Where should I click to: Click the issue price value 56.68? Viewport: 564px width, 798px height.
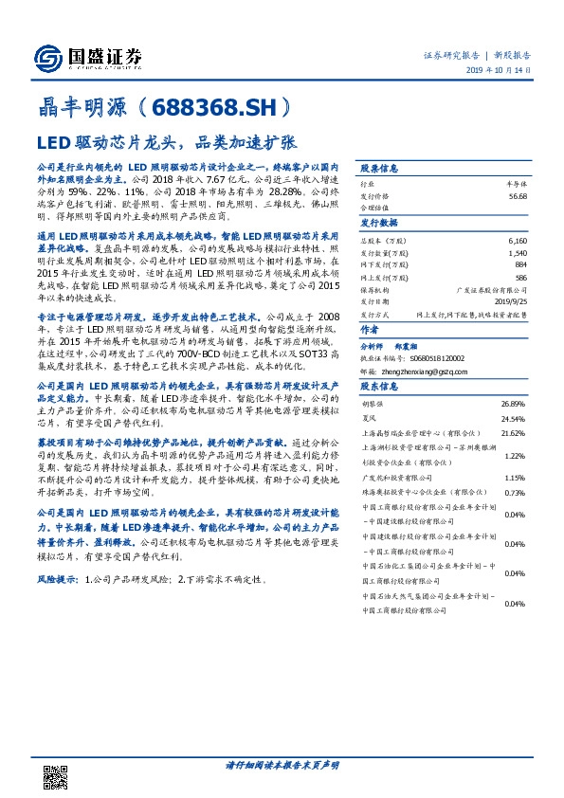(x=517, y=194)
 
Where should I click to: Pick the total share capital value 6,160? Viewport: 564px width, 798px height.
(x=516, y=244)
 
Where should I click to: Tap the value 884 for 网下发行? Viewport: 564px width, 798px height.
(x=519, y=264)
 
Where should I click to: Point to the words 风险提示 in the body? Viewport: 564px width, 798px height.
(x=58, y=577)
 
